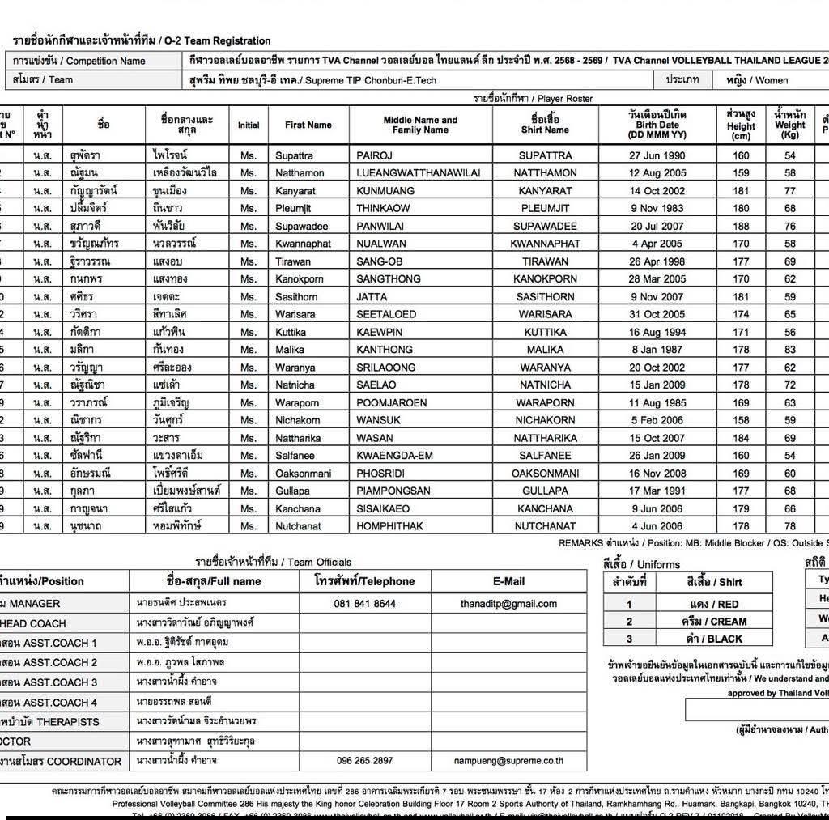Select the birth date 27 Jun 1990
tap(657, 155)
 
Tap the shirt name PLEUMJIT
tap(545, 208)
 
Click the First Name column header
tap(308, 125)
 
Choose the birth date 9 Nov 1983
tap(657, 208)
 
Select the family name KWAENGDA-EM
tap(398, 456)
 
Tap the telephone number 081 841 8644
tap(364, 604)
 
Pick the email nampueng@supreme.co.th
tap(508, 761)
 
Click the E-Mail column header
tap(508, 581)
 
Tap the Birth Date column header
tap(657, 125)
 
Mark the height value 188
tap(741, 226)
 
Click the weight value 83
tap(789, 350)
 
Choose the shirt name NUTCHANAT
tap(545, 526)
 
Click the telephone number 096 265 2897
tap(364, 761)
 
